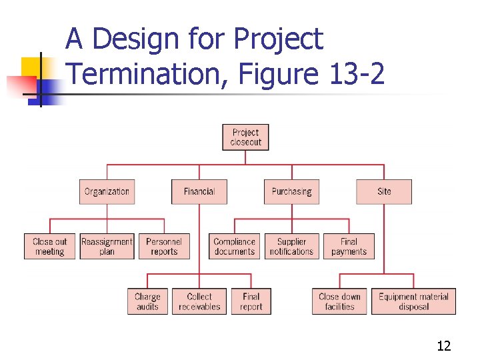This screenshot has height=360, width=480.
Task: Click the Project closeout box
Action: point(245,137)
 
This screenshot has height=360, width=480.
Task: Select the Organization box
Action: point(107,191)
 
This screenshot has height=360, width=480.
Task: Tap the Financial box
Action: point(199,191)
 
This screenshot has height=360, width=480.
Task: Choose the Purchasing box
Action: point(291,191)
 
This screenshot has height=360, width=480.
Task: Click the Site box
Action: point(384,191)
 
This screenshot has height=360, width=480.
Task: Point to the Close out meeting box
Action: point(50,246)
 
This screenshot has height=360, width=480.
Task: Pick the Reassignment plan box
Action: point(107,246)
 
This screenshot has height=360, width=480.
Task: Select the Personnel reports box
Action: point(164,246)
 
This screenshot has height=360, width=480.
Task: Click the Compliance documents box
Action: point(235,246)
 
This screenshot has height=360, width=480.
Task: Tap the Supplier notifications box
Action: point(291,246)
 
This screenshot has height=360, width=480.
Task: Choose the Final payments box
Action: point(349,246)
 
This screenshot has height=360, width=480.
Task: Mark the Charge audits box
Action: point(147,301)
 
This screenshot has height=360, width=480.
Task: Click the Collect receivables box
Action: point(199,301)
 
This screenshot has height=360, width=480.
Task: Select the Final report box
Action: point(251,301)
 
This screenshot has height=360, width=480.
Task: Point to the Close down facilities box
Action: point(339,301)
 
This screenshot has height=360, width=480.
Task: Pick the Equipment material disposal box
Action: point(413,301)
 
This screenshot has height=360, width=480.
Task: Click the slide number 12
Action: point(443,345)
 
